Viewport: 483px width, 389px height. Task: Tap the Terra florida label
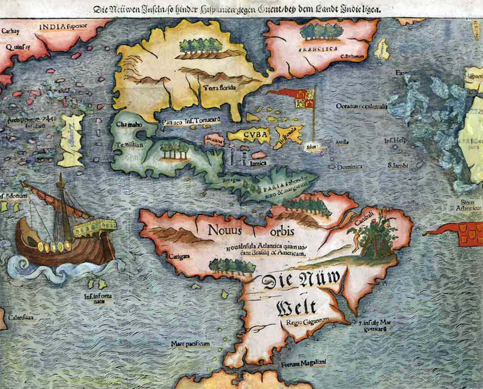pyautogui.click(x=219, y=87)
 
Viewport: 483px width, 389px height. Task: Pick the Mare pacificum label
pyautogui.click(x=190, y=343)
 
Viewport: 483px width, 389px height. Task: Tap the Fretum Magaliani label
pyautogui.click(x=298, y=363)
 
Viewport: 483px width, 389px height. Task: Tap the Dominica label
pyautogui.click(x=349, y=166)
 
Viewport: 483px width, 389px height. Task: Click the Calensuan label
pyautogui.click(x=21, y=318)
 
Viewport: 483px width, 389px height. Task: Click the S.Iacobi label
pyautogui.click(x=398, y=165)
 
